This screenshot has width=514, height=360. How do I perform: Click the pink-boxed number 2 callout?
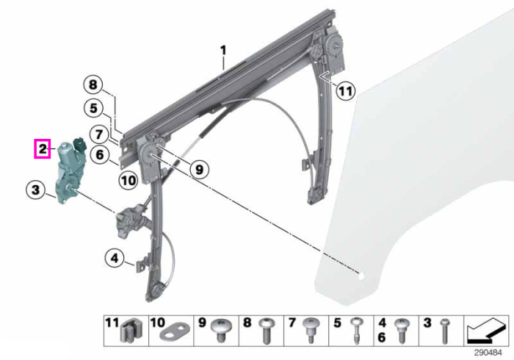coord(43,148)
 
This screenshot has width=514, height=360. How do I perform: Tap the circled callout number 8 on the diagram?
coord(93,85)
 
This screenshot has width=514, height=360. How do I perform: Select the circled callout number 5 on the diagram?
coord(93,108)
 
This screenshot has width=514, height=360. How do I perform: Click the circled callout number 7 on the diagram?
coord(99,134)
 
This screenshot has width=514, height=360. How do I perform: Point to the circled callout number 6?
coord(100,154)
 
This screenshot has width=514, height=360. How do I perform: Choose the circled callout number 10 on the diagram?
coord(128,180)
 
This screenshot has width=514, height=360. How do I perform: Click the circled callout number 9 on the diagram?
coord(199,170)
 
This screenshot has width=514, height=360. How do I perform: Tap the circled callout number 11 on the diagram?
coord(346,91)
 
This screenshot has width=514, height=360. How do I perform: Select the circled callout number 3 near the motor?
coord(36,190)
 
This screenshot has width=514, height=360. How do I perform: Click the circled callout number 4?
coord(115,259)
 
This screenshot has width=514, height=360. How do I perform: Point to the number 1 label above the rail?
coord(223,51)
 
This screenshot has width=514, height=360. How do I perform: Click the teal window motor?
coord(70,170)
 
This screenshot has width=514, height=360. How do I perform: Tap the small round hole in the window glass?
coord(361,276)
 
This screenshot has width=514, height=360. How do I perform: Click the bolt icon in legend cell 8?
coord(267,331)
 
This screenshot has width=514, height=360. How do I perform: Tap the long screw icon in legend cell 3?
coord(444,331)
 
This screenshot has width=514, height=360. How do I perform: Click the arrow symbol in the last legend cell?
coord(485,330)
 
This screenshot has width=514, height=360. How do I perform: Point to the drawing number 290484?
coord(488,353)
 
